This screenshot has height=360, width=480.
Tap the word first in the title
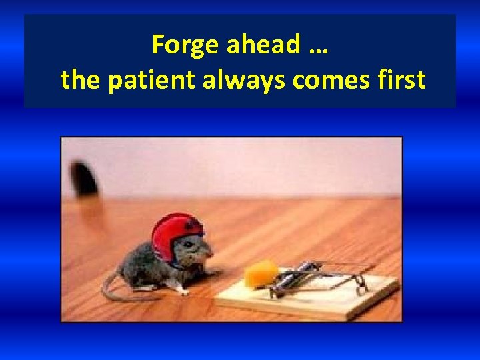[401, 80]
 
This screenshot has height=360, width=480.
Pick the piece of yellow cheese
[261, 273]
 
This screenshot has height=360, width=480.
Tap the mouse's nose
[212, 254]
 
